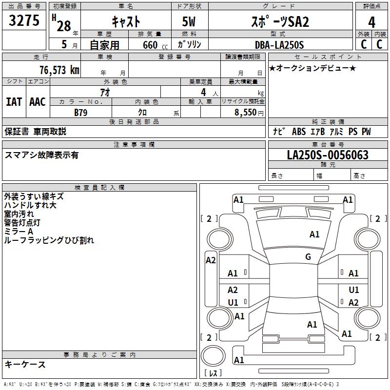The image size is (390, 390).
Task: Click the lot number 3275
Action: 25,21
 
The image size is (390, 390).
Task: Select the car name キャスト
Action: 126,21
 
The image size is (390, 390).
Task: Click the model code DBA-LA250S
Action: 279,45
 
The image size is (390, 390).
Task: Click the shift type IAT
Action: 14,102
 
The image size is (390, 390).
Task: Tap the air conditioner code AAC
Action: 37,102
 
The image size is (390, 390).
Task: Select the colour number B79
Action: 80,113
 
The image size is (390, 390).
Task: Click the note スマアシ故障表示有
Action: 41,155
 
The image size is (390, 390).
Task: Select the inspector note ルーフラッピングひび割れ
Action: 49,240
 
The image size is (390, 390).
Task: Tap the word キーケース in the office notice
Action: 25,364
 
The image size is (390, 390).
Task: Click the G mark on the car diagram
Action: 308,257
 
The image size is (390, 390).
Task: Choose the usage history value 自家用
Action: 105,45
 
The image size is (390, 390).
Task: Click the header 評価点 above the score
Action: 372,6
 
